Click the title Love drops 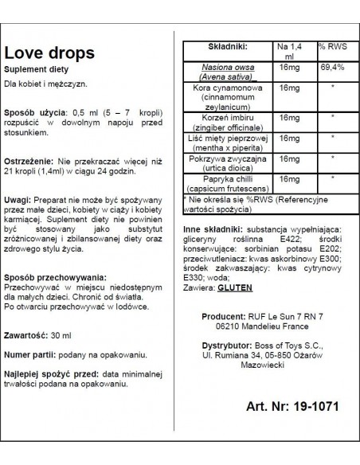click(x=53, y=54)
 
